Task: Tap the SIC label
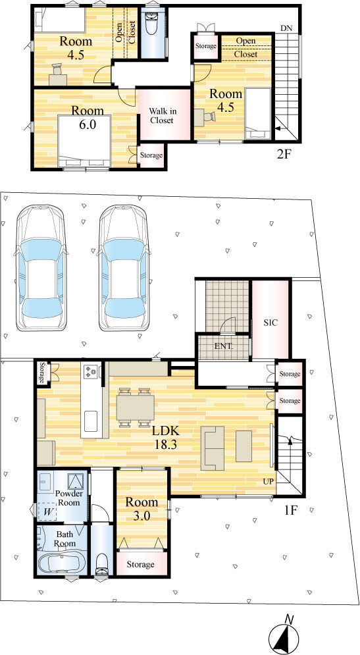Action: coord(270,323)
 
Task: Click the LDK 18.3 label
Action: coord(162,437)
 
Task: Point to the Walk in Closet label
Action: coord(162,116)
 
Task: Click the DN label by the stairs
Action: coord(286,28)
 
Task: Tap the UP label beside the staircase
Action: coord(269,481)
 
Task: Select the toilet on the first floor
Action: coord(102,565)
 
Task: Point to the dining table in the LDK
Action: coord(135,407)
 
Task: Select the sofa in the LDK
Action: coord(212,448)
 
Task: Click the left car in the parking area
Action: coord(41,268)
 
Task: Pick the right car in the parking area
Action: coord(124,268)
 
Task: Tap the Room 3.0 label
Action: coord(142,509)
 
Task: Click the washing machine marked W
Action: coord(47,511)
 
